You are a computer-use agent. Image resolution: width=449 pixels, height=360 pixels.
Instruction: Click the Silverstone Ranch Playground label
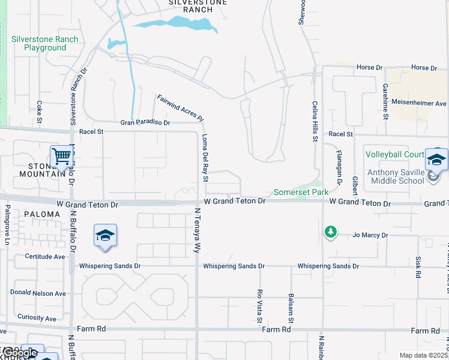[44, 43]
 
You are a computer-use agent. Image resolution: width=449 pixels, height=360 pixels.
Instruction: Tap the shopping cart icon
[62, 156]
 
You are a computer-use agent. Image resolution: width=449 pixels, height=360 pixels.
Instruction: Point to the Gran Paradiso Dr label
[145, 122]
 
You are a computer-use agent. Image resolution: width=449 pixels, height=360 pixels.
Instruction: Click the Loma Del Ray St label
[205, 157]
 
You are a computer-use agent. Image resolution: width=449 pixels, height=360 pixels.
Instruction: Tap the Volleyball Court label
[395, 154]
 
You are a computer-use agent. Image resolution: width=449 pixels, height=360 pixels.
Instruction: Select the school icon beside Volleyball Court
[436, 160]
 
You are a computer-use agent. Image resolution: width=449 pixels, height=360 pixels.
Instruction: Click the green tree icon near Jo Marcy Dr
[330, 231]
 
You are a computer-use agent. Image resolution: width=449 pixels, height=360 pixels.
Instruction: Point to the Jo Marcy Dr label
[370, 235]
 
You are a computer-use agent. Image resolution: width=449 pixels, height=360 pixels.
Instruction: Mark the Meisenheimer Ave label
[419, 103]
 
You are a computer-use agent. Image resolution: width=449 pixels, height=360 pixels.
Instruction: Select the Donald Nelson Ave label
[38, 293]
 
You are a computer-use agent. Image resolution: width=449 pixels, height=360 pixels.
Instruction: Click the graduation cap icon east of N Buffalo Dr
[105, 235]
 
